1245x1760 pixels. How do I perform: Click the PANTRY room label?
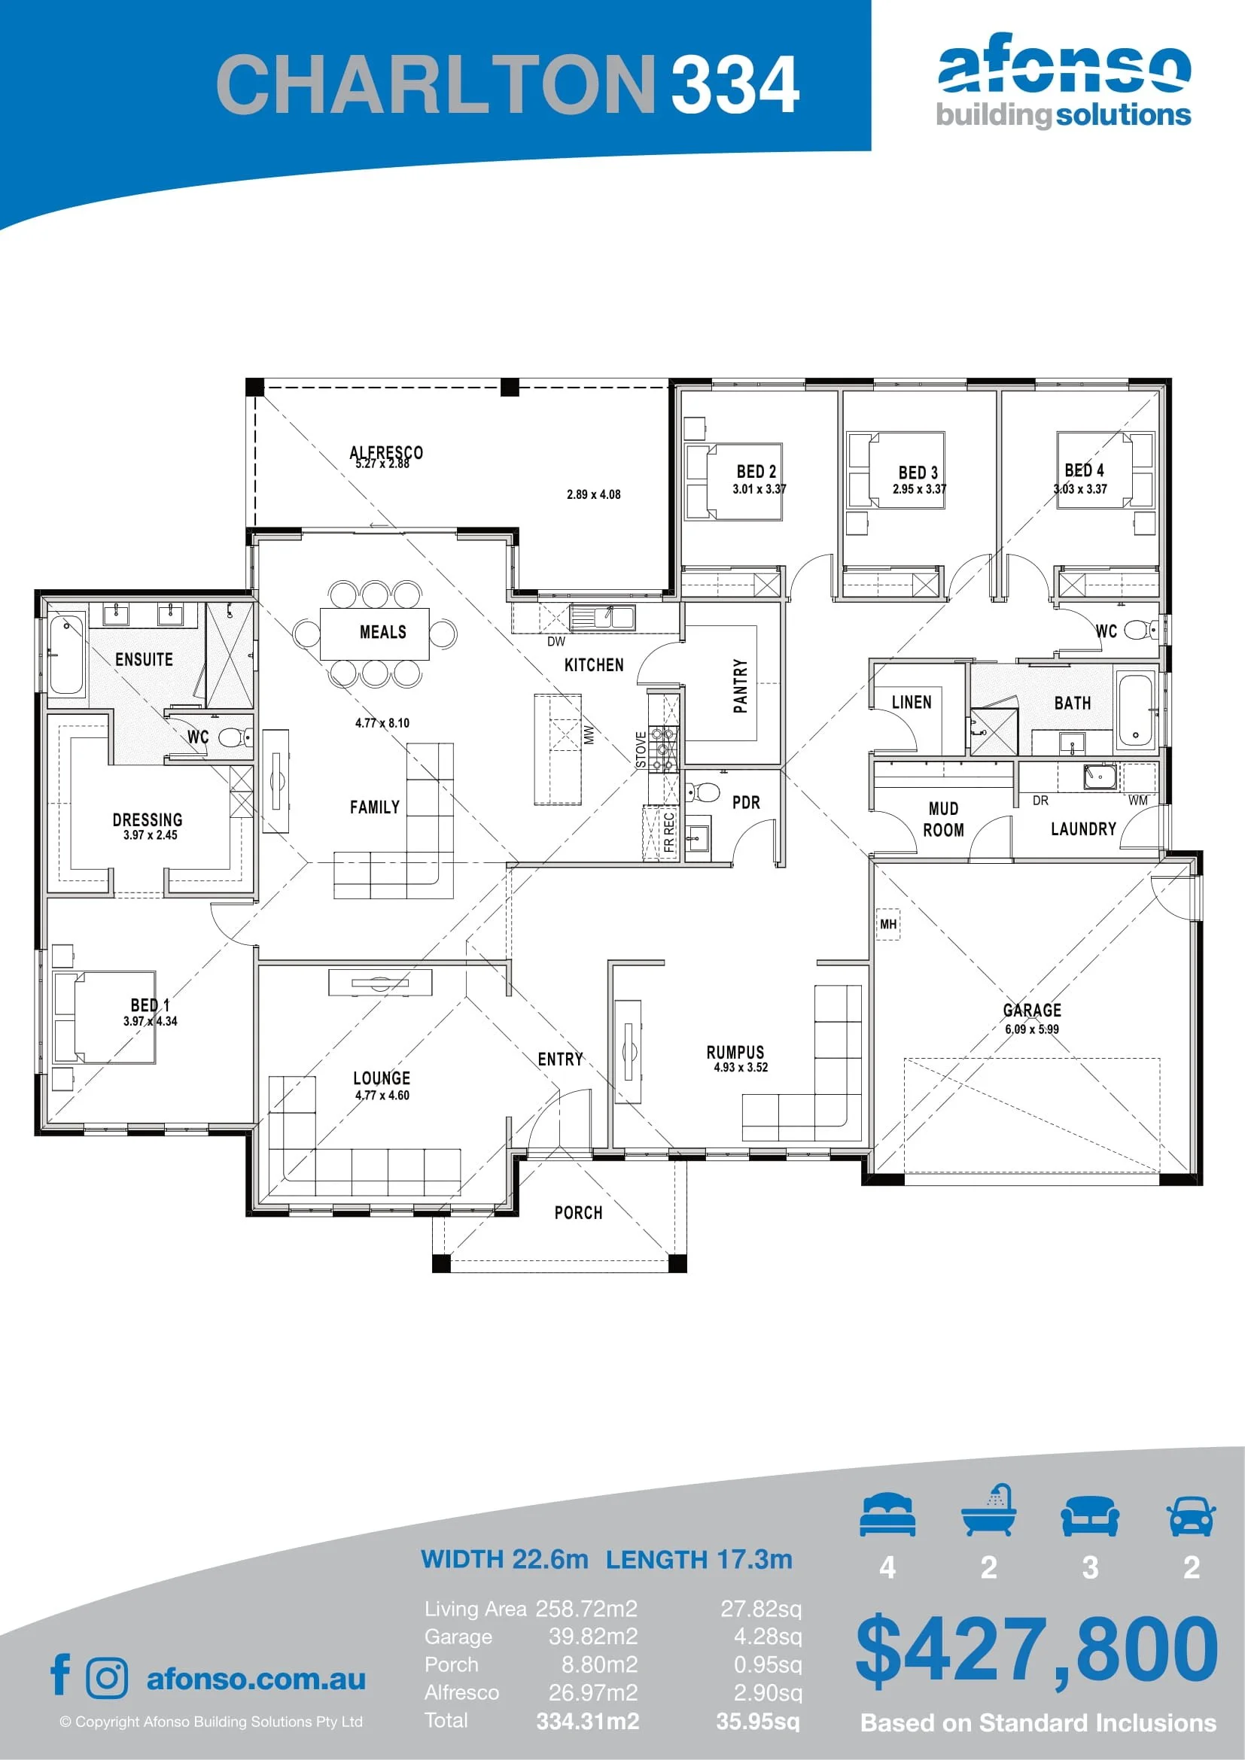[740, 685]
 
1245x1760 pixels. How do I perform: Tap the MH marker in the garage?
[887, 924]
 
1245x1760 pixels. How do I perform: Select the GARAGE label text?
[1032, 1010]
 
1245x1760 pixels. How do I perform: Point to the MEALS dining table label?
[382, 631]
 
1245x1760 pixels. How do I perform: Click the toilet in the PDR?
[702, 791]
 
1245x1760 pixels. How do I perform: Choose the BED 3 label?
[918, 473]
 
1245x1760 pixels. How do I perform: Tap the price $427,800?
[1036, 1649]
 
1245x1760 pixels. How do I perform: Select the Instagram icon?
[108, 1678]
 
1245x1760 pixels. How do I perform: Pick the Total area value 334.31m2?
[587, 1721]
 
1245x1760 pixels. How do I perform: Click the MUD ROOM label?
[943, 819]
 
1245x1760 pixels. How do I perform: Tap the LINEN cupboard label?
[912, 702]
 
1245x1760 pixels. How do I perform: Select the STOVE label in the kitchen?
[641, 749]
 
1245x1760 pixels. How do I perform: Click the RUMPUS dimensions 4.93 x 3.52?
[740, 1067]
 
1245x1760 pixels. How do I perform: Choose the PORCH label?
[578, 1213]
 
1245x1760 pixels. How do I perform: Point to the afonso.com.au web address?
[256, 1679]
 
